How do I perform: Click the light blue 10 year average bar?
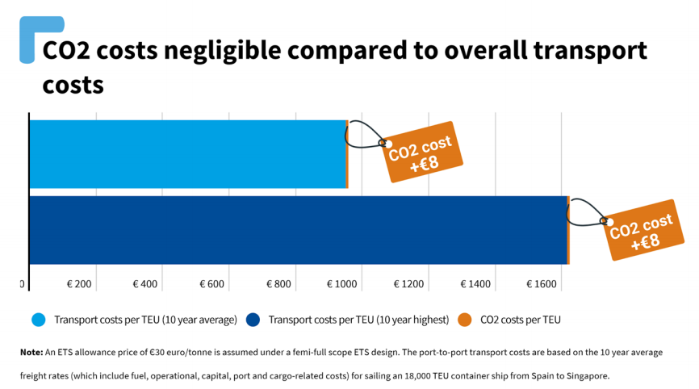[x=187, y=154]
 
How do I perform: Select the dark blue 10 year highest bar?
[x=298, y=230]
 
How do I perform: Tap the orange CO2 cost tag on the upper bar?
[x=423, y=152]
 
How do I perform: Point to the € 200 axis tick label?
[x=79, y=284]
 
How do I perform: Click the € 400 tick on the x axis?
[x=145, y=284]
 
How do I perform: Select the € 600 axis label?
[x=211, y=284]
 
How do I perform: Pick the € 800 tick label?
[x=278, y=284]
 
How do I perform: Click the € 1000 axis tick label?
[x=342, y=284]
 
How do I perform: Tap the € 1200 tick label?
[x=408, y=284]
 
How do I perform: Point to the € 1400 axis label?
[x=475, y=284]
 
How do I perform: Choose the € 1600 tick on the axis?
[x=542, y=284]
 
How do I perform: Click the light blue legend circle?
[x=39, y=320]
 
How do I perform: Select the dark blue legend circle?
[x=253, y=320]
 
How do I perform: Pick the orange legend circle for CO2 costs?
[x=465, y=320]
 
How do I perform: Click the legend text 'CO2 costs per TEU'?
[x=520, y=320]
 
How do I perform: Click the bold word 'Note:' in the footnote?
[x=31, y=352]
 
